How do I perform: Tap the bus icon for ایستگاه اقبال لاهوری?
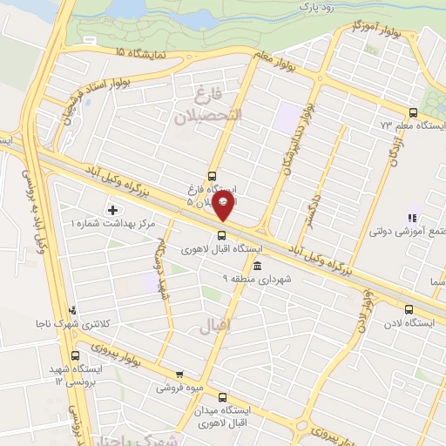tap(221, 233)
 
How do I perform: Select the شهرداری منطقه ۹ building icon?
tap(255, 266)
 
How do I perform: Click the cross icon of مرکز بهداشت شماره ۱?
tap(112, 210)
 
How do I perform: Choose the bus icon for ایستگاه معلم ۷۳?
tap(412, 111)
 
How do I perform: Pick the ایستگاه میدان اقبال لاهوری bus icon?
tap(222, 395)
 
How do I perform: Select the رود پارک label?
tap(316, 8)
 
